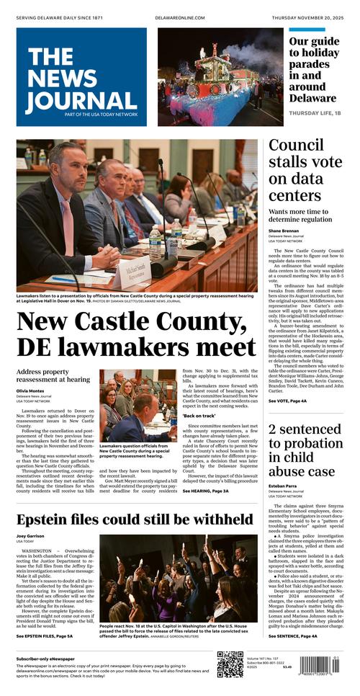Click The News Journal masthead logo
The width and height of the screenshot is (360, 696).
81,77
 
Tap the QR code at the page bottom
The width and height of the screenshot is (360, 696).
230,664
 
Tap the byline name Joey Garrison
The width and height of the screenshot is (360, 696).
31,537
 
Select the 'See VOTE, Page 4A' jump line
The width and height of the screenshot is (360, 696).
287,401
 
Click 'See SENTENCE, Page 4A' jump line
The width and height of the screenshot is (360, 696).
292,636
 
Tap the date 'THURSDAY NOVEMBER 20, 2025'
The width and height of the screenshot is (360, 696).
304,17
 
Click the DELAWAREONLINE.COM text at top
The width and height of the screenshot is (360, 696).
179,17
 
